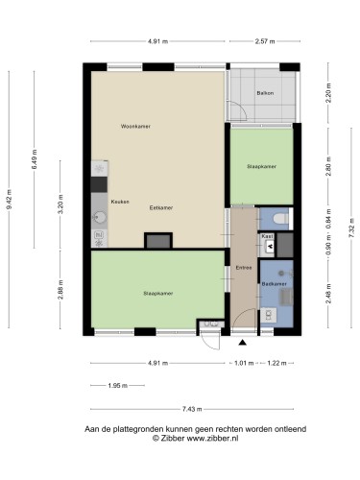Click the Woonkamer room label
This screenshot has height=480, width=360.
pyautogui.click(x=135, y=127)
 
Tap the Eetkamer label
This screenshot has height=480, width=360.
pyautogui.click(x=161, y=207)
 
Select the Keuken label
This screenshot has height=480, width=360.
pyautogui.click(x=120, y=202)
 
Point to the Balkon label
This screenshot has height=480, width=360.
pyautogui.click(x=265, y=93)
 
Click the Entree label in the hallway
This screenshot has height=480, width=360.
pyautogui.click(x=244, y=268)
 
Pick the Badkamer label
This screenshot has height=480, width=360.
pyautogui.click(x=275, y=284)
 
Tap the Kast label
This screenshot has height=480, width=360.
pyautogui.click(x=268, y=236)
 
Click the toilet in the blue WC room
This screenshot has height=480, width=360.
pyautogui.click(x=281, y=219)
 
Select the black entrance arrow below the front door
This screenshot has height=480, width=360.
pyautogui.click(x=243, y=343)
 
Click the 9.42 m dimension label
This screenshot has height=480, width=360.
pyautogui.click(x=9, y=199)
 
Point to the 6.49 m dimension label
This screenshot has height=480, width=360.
pyautogui.click(x=35, y=159)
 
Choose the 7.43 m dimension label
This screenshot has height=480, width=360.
pyautogui.click(x=192, y=409)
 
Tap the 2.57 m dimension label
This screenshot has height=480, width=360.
pyautogui.click(x=265, y=41)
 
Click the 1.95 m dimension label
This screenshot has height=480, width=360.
pyautogui.click(x=117, y=386)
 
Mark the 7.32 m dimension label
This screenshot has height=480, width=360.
pyautogui.click(x=351, y=228)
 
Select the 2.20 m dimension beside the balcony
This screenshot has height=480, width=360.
pyautogui.click(x=328, y=93)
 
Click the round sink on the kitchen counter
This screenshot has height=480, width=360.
pyautogui.click(x=100, y=218)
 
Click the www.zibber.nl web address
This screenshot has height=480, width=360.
pyautogui.click(x=212, y=438)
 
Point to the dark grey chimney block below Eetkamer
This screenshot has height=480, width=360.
pyautogui.click(x=158, y=242)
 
